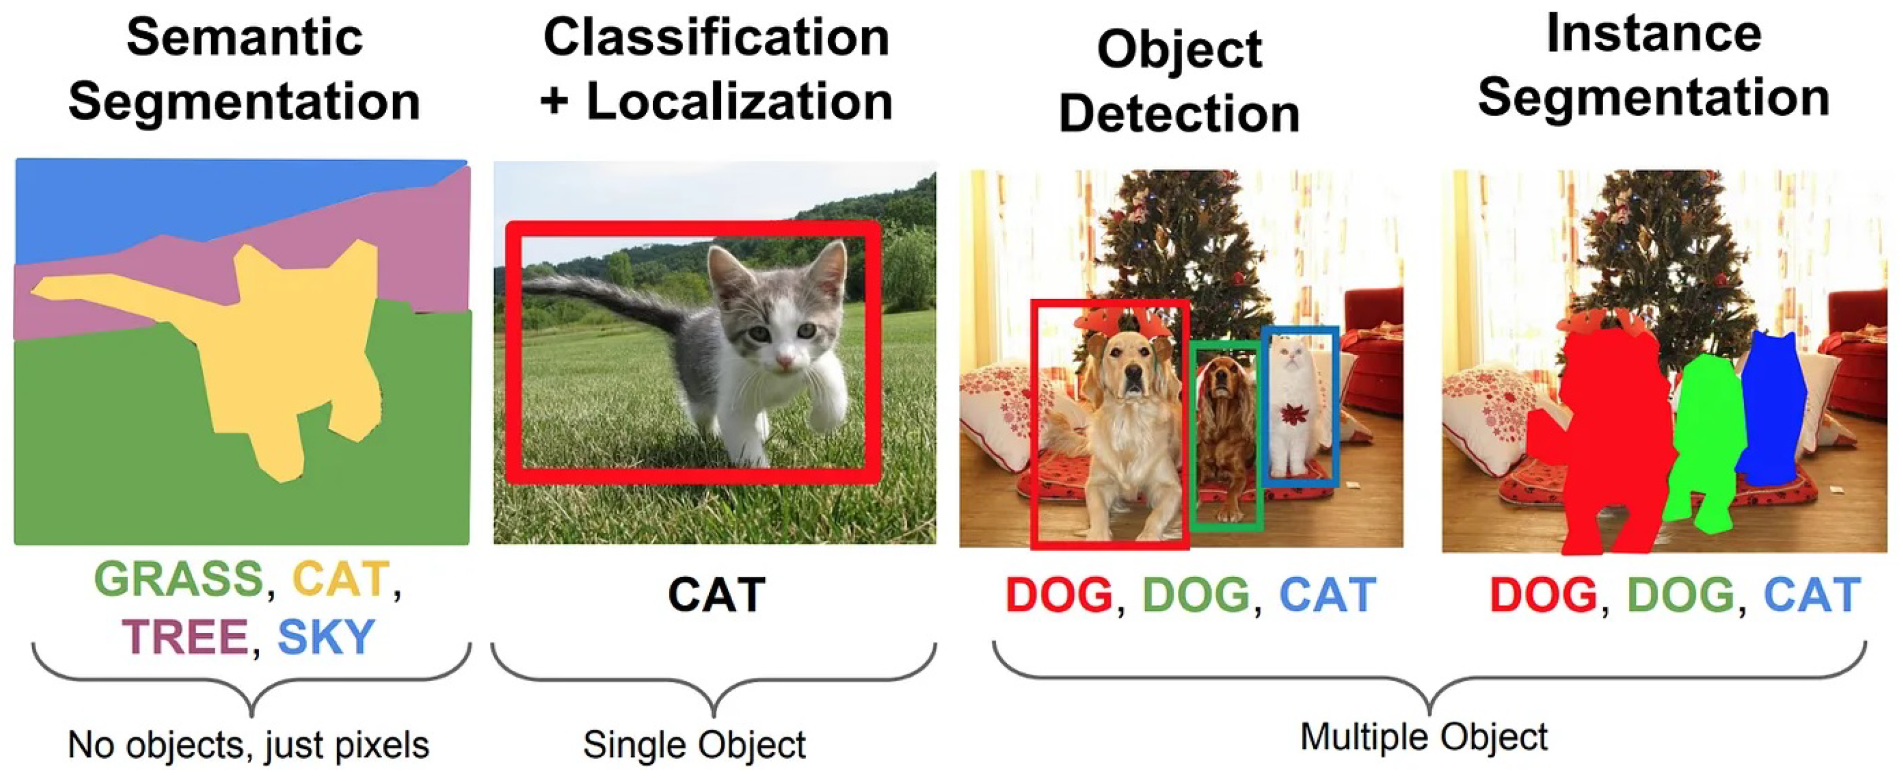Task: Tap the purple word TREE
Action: [x=186, y=637]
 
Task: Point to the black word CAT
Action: [x=716, y=595]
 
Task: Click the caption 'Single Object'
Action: [x=694, y=744]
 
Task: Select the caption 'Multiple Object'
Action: [x=1423, y=737]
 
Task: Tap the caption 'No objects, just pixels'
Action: [x=248, y=744]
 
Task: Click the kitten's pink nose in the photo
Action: [x=785, y=360]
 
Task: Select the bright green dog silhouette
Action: [x=1706, y=443]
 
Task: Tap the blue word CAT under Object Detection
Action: [x=1328, y=595]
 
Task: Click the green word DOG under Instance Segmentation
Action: [x=1680, y=595]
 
